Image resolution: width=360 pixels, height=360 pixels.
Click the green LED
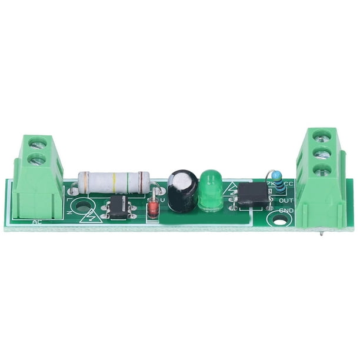click(209, 191)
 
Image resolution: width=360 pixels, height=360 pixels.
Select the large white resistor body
click(114, 182)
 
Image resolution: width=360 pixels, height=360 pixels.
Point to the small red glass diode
click(154, 207)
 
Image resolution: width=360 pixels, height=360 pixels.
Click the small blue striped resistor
click(279, 186)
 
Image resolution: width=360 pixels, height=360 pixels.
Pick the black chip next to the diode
click(119, 208)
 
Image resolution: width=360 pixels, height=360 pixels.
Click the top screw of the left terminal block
click(37, 143)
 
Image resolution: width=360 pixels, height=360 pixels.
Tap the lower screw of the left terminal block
click(37, 159)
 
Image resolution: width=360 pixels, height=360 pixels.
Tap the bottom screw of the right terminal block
click(321, 170)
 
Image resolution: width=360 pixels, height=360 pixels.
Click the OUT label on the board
click(286, 200)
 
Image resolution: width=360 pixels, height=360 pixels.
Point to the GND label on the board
click(286, 210)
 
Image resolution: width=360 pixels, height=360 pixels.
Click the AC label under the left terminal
click(36, 222)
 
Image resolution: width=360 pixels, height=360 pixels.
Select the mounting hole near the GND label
click(279, 219)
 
